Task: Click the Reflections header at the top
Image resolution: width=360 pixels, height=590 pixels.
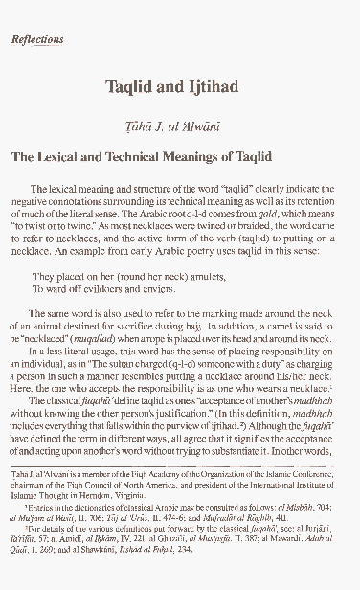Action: pyautogui.click(x=36, y=40)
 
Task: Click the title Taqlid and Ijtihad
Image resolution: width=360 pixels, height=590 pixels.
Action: pyautogui.click(x=179, y=84)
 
